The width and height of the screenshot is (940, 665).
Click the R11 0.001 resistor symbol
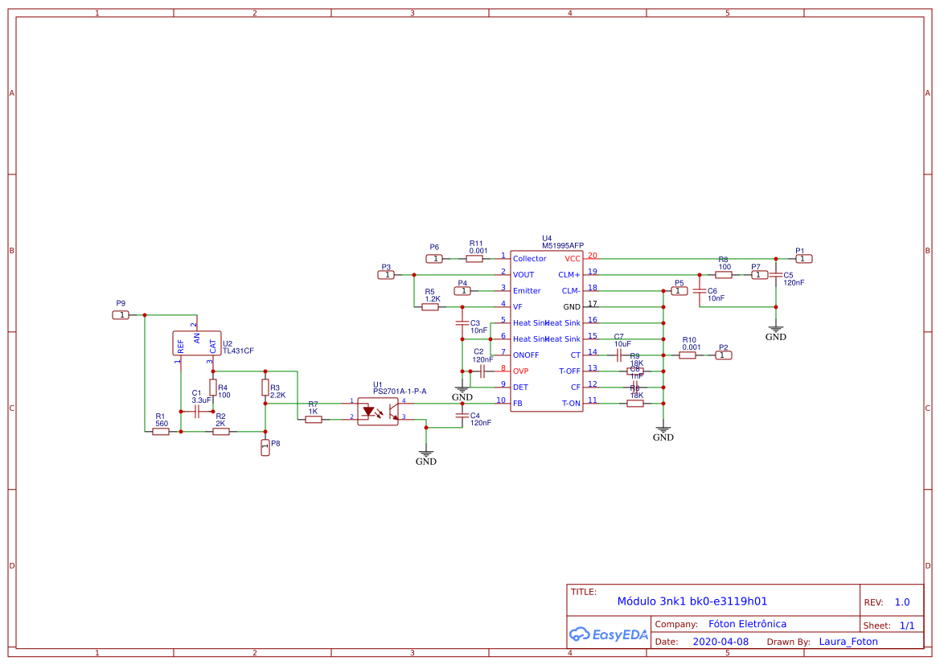[474, 259]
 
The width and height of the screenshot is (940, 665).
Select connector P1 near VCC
[804, 259]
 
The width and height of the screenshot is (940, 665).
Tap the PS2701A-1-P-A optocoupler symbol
[378, 411]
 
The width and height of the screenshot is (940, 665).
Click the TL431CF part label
[238, 351]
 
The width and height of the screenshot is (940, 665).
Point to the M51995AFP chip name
[563, 245]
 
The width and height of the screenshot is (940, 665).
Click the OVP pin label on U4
[520, 371]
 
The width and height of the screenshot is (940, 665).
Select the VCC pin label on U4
[573, 259]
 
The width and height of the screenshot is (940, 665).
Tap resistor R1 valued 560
[161, 432]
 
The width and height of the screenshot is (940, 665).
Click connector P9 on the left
[121, 315]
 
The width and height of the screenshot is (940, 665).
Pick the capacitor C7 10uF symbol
[619, 355]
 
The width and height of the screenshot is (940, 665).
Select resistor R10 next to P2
[688, 355]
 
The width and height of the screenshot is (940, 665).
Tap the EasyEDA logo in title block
[609, 634]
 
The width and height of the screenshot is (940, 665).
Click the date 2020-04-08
[720, 642]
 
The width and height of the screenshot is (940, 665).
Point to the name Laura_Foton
[848, 642]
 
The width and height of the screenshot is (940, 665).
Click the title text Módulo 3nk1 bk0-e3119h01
[692, 601]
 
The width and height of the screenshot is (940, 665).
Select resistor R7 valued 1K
[314, 419]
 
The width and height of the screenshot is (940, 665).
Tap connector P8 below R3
[265, 448]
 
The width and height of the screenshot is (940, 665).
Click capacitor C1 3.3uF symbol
[196, 409]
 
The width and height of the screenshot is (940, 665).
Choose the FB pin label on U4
[518, 403]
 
